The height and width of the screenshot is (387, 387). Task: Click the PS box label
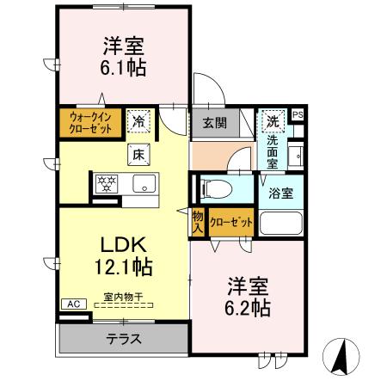click(298, 115)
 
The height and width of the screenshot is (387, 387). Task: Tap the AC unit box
click(74, 304)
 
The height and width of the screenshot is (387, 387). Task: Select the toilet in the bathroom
click(216, 188)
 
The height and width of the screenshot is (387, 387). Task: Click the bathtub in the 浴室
click(281, 223)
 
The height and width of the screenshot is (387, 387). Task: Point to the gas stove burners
click(107, 183)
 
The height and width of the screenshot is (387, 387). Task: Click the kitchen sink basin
click(144, 183)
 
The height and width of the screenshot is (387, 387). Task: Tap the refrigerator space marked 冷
click(138, 121)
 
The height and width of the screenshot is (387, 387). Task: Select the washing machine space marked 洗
click(273, 121)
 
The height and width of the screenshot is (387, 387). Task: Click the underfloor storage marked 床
click(138, 155)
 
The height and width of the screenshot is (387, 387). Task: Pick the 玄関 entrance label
click(215, 123)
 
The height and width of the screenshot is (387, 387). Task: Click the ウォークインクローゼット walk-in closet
click(90, 123)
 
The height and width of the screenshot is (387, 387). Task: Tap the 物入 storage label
click(198, 222)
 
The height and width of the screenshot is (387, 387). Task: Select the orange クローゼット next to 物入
click(231, 223)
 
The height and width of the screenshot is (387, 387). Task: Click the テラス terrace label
click(124, 339)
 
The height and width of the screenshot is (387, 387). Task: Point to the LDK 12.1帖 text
click(124, 255)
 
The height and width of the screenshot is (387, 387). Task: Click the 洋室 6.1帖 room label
click(123, 57)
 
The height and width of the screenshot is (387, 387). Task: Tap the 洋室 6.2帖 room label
click(248, 297)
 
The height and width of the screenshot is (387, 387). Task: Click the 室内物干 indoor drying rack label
click(123, 297)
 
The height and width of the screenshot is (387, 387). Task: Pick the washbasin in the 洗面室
click(295, 157)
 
